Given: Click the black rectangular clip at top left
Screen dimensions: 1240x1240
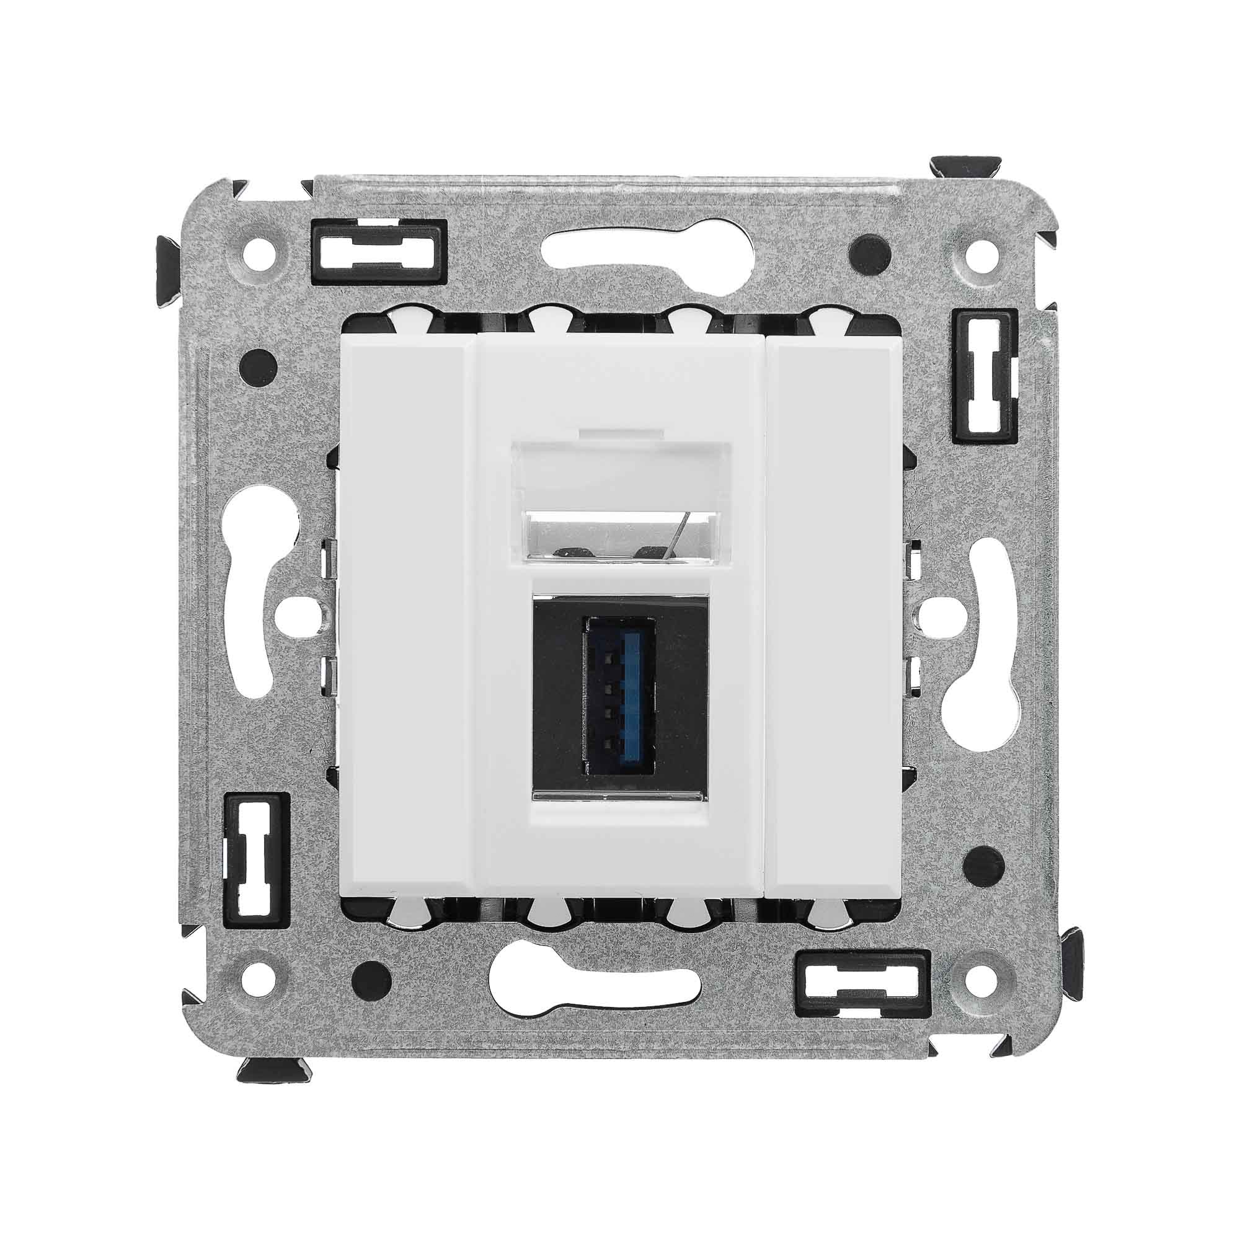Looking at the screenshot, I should click(379, 252).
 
